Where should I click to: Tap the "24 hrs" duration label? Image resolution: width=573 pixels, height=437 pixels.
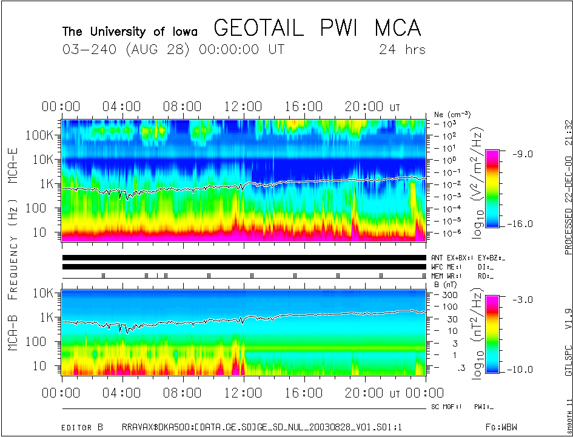tap(402, 50)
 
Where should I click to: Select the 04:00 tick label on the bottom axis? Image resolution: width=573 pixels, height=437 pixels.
tap(122, 393)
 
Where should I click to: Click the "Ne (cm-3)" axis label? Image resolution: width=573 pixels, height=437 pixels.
tap(452, 114)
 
